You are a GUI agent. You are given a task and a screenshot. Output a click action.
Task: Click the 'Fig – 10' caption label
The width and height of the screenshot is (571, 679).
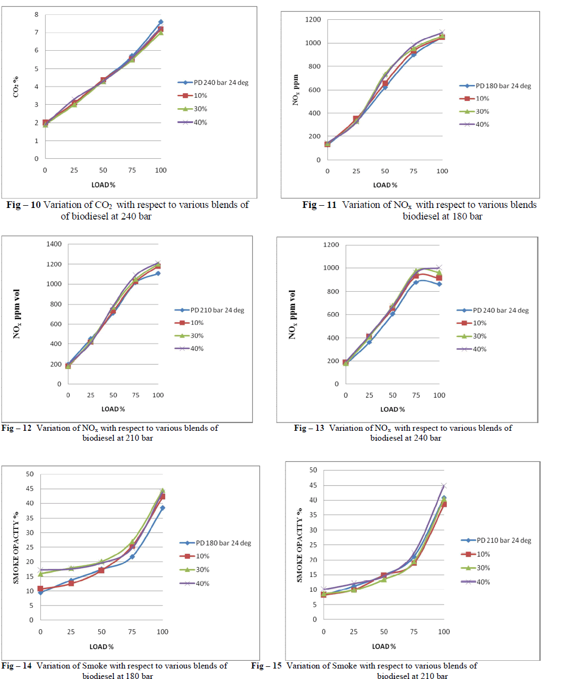[24, 205]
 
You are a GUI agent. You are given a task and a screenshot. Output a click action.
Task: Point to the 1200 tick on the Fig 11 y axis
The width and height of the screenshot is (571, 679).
[313, 20]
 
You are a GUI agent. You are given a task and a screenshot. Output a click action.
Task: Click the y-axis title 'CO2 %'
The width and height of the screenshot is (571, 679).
[16, 87]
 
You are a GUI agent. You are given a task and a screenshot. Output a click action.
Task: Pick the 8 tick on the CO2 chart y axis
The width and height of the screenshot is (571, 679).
[36, 14]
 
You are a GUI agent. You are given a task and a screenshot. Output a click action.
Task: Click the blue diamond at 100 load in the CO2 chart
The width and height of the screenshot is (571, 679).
[161, 22]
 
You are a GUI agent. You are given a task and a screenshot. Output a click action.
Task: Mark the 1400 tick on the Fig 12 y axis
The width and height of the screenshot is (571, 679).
[54, 244]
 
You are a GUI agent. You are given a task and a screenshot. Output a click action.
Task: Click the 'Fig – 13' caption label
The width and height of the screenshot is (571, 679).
[309, 428]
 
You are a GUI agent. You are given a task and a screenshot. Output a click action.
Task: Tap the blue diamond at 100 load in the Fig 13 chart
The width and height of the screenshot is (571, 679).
[440, 284]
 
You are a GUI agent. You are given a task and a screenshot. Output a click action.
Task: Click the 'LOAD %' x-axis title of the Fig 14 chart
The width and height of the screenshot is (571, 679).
[102, 646]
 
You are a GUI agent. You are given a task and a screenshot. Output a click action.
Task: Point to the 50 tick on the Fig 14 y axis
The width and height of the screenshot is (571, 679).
[30, 474]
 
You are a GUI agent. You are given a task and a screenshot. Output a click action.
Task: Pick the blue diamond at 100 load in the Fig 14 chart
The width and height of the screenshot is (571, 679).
[162, 508]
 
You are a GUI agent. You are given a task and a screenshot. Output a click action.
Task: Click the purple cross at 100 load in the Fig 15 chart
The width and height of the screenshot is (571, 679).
[443, 486]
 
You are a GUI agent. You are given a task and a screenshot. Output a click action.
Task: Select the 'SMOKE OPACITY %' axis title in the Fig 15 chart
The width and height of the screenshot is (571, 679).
[300, 545]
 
